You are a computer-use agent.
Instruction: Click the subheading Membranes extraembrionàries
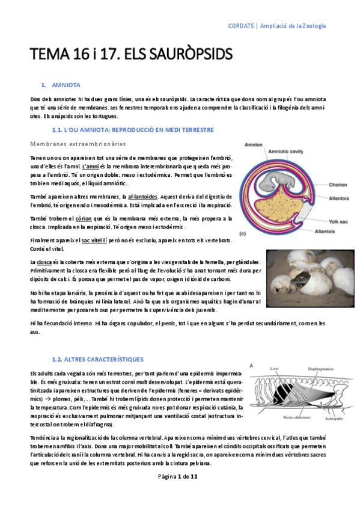78,144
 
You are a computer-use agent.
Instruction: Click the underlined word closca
44,262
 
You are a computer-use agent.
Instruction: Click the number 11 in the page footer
194,493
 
